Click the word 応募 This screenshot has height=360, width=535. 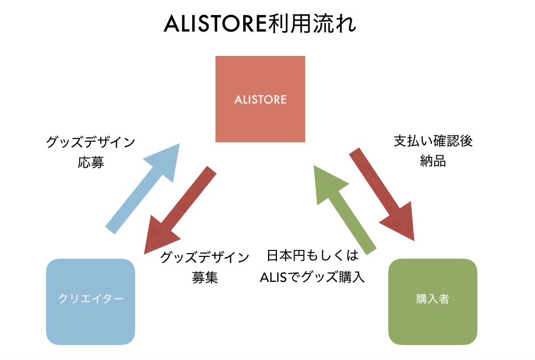[x=91, y=163]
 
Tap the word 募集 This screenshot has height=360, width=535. [x=205, y=277]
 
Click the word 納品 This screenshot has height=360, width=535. [x=433, y=162]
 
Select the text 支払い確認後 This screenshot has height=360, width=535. [x=433, y=141]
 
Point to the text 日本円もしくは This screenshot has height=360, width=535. [x=312, y=256]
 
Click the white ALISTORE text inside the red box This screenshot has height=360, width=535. [x=260, y=100]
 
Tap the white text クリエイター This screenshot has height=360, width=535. [x=91, y=299]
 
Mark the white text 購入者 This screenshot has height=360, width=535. [x=433, y=299]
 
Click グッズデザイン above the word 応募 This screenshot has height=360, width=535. [x=91, y=142]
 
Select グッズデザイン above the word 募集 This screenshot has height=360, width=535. [x=205, y=257]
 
